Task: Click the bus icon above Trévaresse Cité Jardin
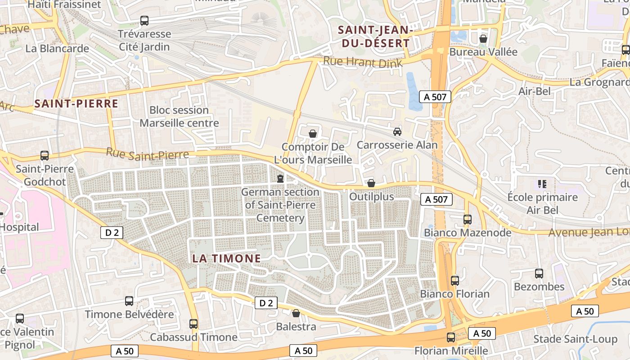pos(144,21)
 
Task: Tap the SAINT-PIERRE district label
pos(76,104)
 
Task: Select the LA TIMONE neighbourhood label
pos(226,258)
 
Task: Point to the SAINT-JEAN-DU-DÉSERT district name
pos(374,37)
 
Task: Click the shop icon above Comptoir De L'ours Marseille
pos(313,134)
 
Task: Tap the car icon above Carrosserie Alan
pos(397,132)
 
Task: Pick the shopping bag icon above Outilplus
pos(371,183)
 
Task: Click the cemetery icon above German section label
pos(280,179)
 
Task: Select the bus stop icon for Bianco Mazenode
pos(468,220)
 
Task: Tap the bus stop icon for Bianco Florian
pos(455,281)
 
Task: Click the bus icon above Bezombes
pos(539,274)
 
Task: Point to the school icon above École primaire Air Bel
pos(542,184)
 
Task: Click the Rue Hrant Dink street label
pos(363,63)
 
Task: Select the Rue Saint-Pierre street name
pos(147,154)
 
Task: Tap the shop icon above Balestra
pos(296,313)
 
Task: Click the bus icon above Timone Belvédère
pos(129,301)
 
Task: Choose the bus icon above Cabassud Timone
pos(193,324)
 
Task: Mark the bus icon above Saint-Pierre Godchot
pos(45,156)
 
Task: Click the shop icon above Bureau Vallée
pos(483,39)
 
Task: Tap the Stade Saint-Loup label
pos(569,339)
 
